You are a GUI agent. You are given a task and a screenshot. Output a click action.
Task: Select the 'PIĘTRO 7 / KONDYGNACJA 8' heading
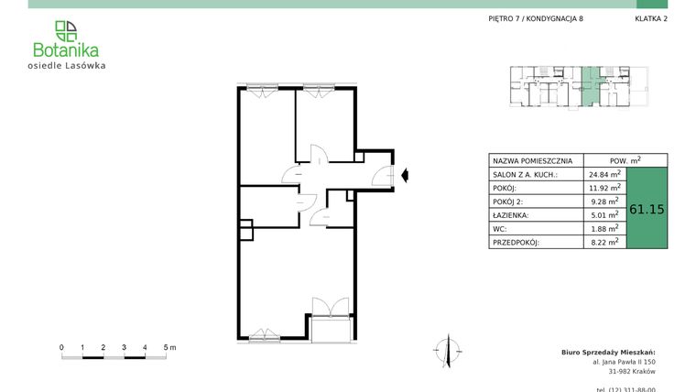(536, 19)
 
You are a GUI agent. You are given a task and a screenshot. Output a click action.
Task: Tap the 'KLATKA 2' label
(651, 19)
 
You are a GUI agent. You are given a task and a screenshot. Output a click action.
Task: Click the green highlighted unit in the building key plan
(592, 85)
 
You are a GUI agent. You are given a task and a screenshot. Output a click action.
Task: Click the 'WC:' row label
(499, 228)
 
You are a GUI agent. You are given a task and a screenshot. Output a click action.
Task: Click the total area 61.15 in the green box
(647, 209)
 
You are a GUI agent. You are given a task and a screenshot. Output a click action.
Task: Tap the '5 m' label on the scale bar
(169, 347)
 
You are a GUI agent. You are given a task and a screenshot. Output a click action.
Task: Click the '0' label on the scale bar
(61, 347)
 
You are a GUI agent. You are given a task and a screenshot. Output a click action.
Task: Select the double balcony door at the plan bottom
(330, 308)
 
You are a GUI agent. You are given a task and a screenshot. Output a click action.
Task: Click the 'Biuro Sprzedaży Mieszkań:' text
(608, 352)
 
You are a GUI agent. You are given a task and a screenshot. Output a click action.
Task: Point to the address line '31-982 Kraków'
(632, 372)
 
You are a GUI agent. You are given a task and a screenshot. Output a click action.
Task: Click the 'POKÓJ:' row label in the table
(506, 187)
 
